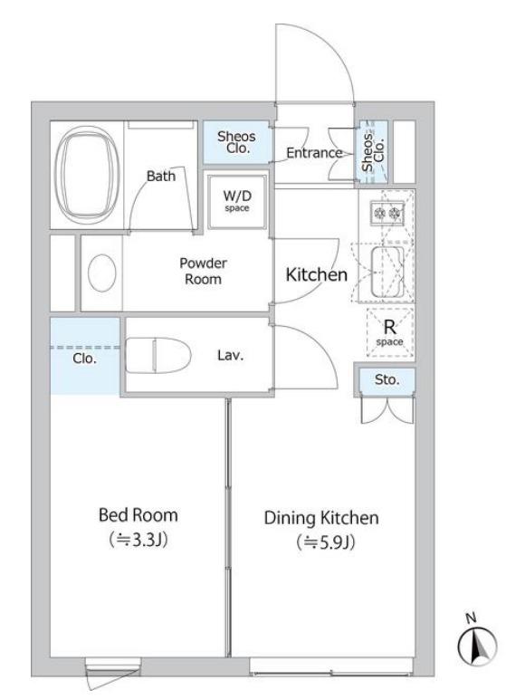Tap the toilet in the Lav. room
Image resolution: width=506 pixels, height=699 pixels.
pos(158,355)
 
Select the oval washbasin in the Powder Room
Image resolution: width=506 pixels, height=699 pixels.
pos(102,273)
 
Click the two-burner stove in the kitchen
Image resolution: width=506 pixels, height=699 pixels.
pos(387,212)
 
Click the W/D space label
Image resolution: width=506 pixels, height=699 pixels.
pos(237,201)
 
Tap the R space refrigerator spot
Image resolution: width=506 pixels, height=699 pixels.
pos(390,332)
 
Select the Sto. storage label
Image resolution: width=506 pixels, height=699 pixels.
pos(387,379)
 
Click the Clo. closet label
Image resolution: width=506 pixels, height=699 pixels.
pos(85,359)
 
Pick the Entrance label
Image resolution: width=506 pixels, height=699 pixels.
pos(314,153)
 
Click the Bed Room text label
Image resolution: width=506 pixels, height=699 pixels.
pos(138,515)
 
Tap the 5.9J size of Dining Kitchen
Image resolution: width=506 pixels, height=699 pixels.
pos(326,542)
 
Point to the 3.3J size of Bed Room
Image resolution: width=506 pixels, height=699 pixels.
pos(138,541)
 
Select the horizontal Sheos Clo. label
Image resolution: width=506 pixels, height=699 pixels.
pos(237,142)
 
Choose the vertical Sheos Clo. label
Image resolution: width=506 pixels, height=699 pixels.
pos(373,151)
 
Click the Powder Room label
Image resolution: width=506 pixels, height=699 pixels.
pos(204,271)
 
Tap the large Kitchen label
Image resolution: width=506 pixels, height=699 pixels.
pos(317,274)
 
